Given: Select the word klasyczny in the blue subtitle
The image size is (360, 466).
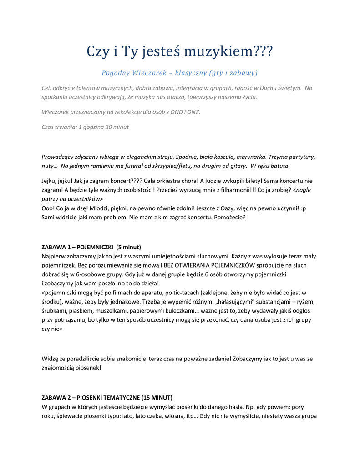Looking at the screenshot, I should click(190, 73).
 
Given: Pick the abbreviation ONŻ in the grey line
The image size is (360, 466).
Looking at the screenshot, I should click(193, 112).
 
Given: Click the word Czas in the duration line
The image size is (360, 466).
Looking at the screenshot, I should click(48, 127).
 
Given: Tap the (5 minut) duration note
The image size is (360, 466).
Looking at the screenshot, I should click(129, 247).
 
